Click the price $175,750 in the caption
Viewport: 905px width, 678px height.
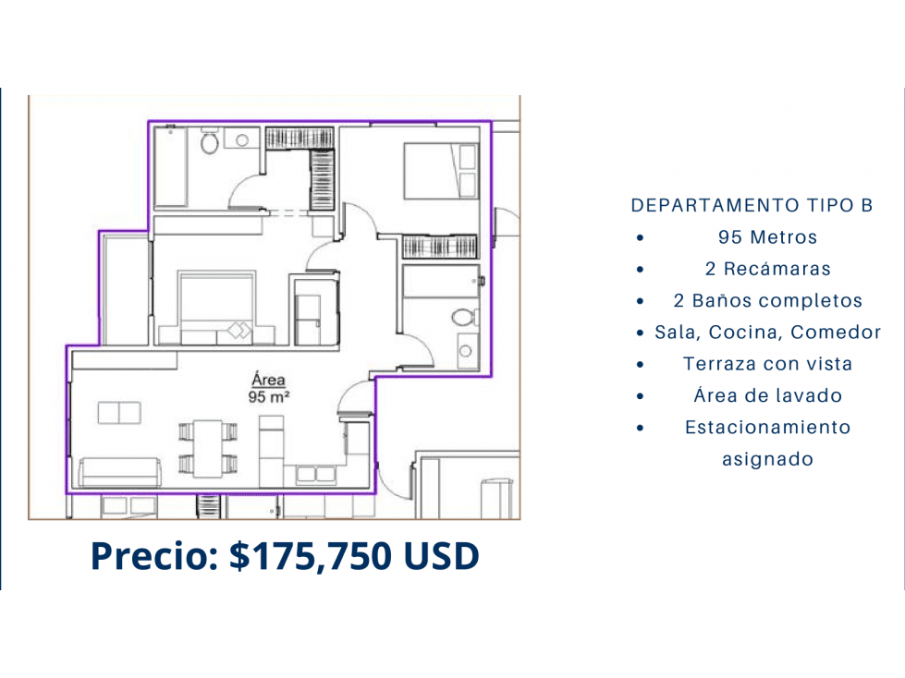[x=312, y=556]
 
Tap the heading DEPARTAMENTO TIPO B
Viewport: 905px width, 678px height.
[x=752, y=205]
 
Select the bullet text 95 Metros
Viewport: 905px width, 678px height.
[x=767, y=237]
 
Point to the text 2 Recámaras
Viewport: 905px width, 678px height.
[x=767, y=269]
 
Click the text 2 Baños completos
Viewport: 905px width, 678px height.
[x=767, y=300]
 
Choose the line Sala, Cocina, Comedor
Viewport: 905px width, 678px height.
[x=767, y=333]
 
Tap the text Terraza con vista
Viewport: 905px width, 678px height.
[x=767, y=364]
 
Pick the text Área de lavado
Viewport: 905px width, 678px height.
[x=767, y=395]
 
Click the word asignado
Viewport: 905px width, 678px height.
[x=767, y=459]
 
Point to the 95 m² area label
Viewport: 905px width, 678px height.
[x=268, y=396]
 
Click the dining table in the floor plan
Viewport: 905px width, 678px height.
[x=208, y=449]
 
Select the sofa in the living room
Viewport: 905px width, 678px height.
[x=120, y=473]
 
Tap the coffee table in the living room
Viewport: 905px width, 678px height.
[x=119, y=413]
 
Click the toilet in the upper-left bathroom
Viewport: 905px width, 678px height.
[x=210, y=142]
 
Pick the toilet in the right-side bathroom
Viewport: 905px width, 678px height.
[x=463, y=317]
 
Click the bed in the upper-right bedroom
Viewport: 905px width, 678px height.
[x=441, y=171]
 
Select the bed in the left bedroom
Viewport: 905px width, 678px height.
[x=216, y=308]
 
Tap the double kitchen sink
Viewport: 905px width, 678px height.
[x=315, y=475]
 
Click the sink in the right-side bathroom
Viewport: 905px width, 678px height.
[x=466, y=350]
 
